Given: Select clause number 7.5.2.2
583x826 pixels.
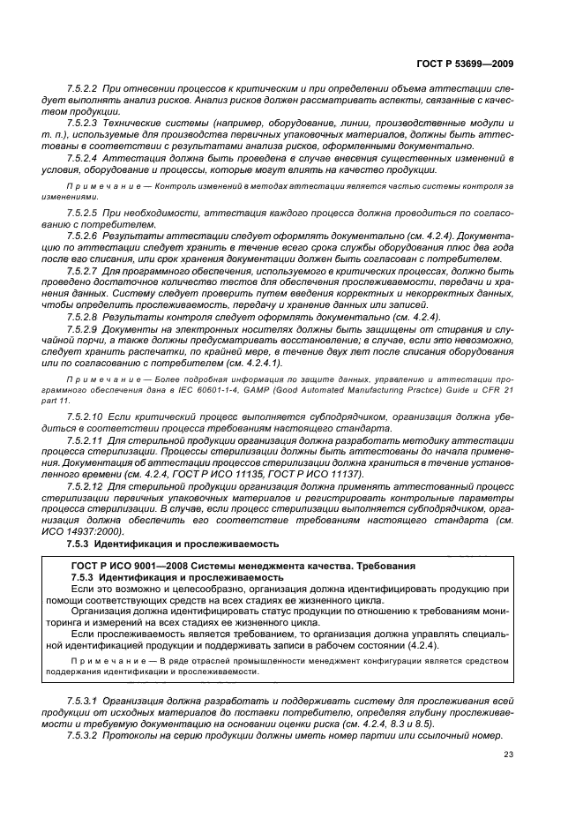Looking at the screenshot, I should (x=82, y=91).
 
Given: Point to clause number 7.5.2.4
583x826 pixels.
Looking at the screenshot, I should (x=82, y=157).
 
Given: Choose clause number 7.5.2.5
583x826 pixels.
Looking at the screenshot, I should (x=82, y=214).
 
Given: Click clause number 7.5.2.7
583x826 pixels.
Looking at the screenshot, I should (x=82, y=272).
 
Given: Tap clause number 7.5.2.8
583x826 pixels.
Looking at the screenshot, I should (x=82, y=316).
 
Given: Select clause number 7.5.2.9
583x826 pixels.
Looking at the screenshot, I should (x=82, y=327).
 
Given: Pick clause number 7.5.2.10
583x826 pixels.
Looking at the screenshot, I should (x=85, y=416).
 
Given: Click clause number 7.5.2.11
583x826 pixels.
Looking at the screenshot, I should (x=85, y=439).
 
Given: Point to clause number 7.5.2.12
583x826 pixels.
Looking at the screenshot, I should (x=85, y=485).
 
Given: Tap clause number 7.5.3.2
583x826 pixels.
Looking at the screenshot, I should (x=82, y=735).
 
